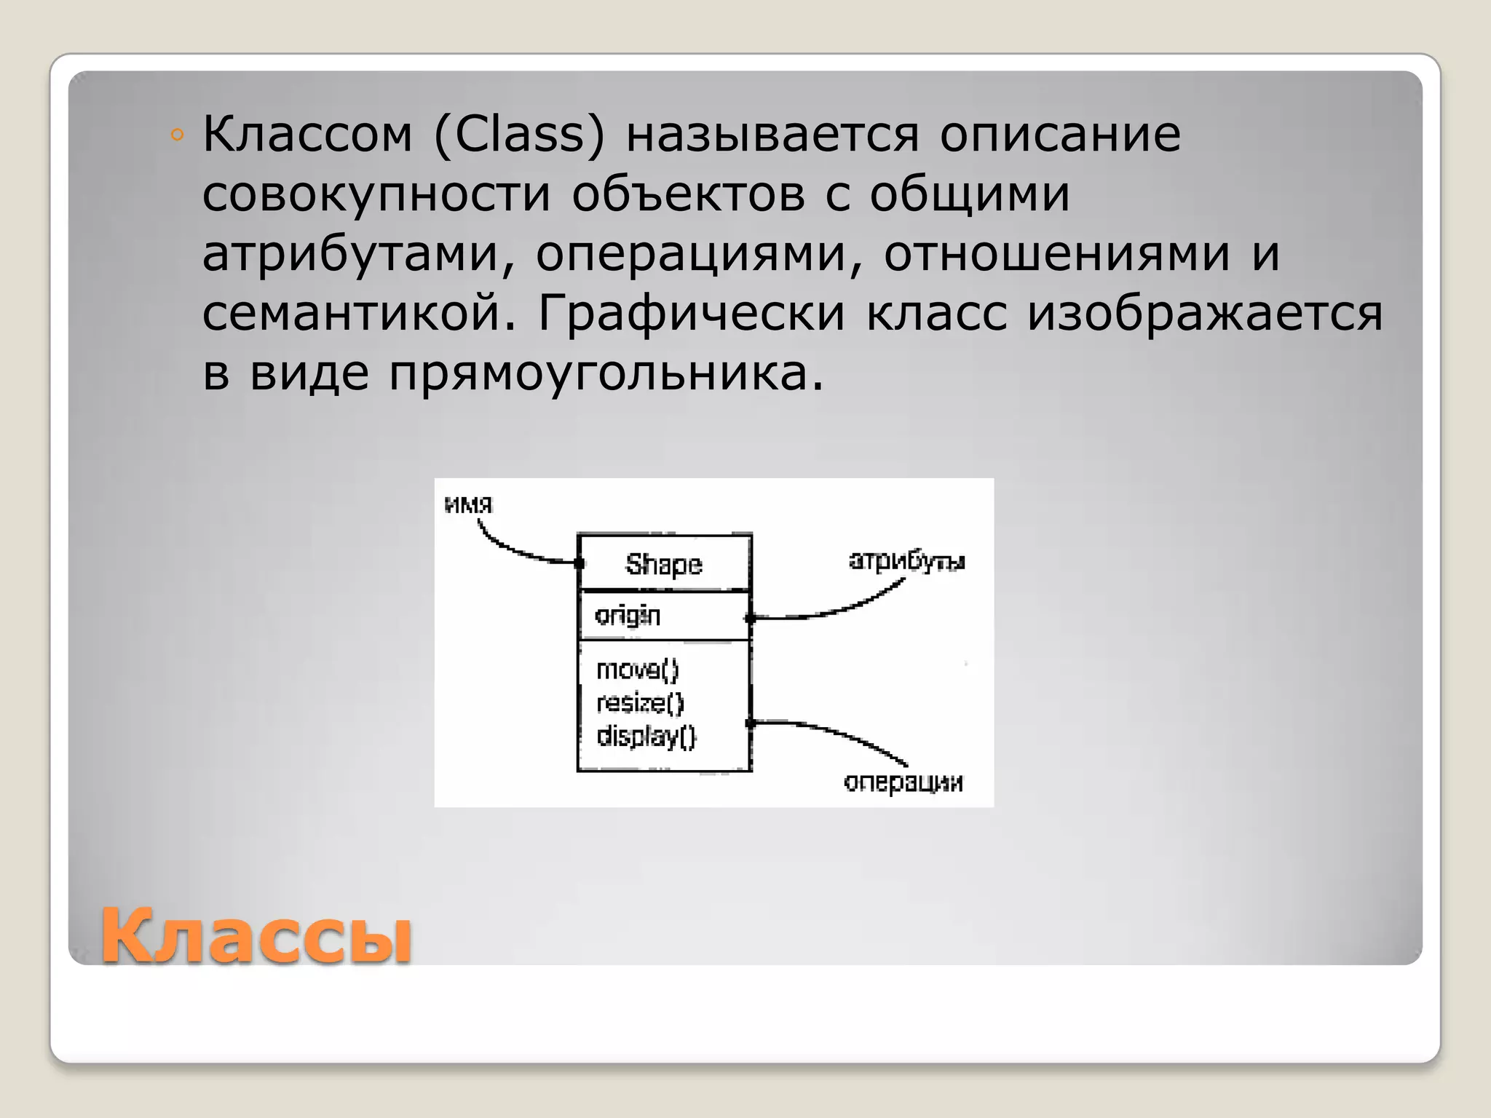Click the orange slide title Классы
[256, 936]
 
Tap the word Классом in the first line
[307, 135]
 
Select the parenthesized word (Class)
[519, 135]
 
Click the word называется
[772, 135]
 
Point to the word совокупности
[376, 195]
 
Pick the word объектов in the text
[688, 195]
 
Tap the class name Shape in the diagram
[663, 565]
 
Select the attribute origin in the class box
[628, 616]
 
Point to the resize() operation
[640, 703]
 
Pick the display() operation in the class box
[646, 737]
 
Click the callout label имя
[468, 504]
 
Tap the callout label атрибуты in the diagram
[906, 561]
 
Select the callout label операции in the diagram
[903, 782]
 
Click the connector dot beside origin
[750, 619]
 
